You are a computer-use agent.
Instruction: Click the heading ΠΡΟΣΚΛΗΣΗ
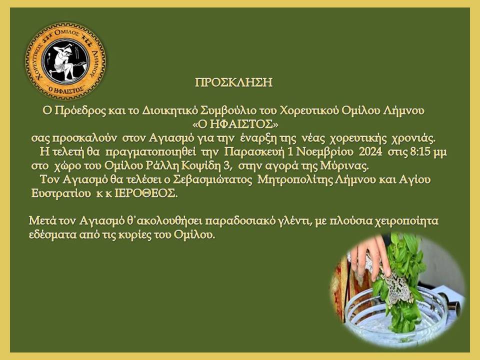pyautogui.click(x=233, y=83)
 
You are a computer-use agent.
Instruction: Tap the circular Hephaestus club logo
pyautogui.click(x=65, y=61)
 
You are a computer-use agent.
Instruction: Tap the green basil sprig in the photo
pyautogui.click(x=400, y=280)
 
